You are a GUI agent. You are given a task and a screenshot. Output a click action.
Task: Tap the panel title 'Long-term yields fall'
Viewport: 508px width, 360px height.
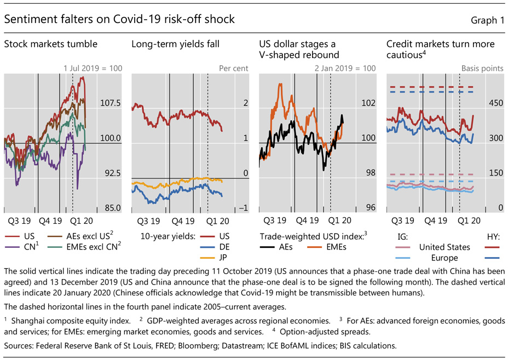pos(172,44)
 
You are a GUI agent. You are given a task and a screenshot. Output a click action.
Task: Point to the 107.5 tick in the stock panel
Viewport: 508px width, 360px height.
pos(110,103)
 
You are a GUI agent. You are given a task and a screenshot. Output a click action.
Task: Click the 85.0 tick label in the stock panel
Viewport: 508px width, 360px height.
pos(110,208)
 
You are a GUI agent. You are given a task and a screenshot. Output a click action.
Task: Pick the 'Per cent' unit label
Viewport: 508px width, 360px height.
pos(234,69)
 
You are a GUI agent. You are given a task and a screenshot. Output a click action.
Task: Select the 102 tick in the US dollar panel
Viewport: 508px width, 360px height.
pos(369,103)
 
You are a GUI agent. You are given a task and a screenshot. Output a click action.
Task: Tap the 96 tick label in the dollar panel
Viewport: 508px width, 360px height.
pos(371,208)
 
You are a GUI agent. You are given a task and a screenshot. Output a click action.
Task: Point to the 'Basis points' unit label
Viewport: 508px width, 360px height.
pos(482,69)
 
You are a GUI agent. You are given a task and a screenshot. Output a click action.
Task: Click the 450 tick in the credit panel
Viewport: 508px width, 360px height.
pos(496,103)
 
